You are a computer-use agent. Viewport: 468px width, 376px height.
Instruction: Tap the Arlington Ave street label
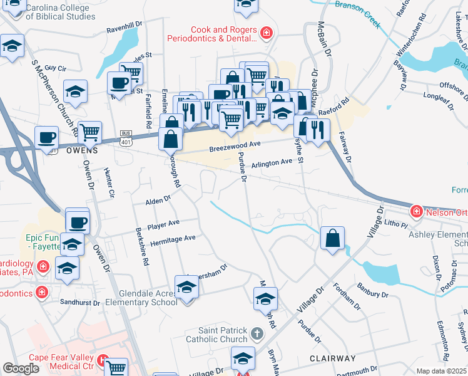pyautogui.click(x=272, y=162)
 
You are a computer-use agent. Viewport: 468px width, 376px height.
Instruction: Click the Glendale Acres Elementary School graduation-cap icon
pyautogui.click(x=187, y=288)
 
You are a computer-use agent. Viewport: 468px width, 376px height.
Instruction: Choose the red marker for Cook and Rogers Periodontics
pyautogui.click(x=267, y=32)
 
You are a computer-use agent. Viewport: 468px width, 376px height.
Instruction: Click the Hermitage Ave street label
pyautogui.click(x=172, y=239)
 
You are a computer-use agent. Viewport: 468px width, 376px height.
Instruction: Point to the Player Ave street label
pyautogui.click(x=163, y=224)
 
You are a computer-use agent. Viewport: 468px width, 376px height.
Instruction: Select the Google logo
pyautogui.click(x=21, y=368)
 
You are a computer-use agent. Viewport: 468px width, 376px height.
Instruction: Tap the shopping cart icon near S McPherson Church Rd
pyautogui.click(x=90, y=132)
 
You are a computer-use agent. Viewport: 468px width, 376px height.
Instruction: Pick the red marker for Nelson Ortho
pyautogui.click(x=416, y=212)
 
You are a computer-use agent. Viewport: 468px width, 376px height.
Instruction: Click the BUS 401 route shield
pyautogui.click(x=127, y=138)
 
